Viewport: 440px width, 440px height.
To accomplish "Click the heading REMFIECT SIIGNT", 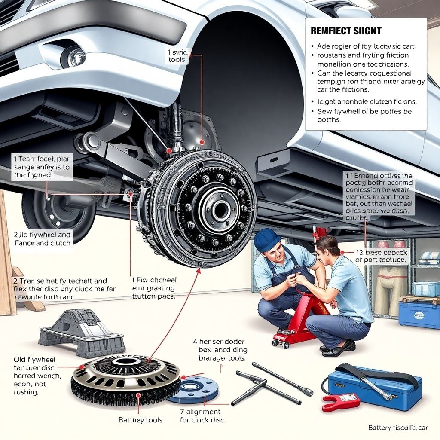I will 346,31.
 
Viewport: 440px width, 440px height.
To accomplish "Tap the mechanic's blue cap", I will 267,239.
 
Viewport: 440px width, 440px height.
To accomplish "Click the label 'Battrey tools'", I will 141,419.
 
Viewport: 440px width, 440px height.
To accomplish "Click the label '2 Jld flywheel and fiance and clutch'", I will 42,239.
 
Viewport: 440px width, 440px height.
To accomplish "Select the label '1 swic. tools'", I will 177,56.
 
